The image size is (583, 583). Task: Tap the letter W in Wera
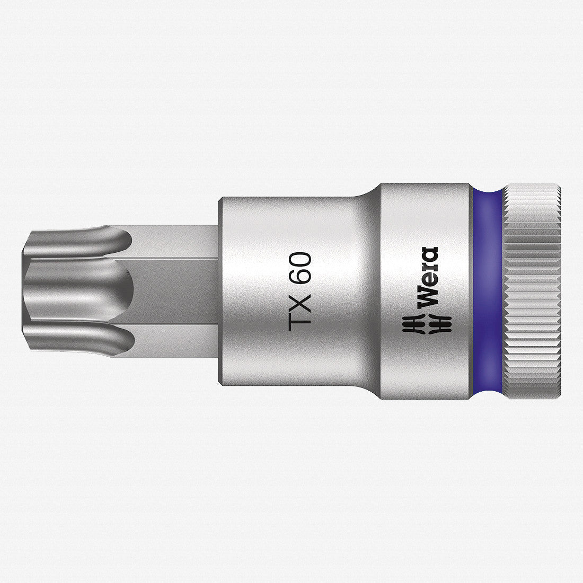[x=426, y=298]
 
